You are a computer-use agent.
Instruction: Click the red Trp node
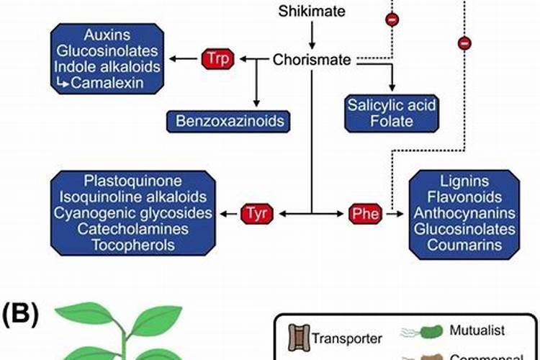[217, 58]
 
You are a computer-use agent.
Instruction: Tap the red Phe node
[365, 213]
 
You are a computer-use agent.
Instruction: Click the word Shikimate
[312, 11]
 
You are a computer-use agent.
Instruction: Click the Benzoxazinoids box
[225, 120]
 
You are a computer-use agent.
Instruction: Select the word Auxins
[107, 35]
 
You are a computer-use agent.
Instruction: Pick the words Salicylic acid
[392, 104]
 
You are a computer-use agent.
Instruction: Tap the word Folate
[392, 121]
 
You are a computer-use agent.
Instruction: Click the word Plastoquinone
[132, 181]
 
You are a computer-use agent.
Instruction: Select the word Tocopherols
[132, 246]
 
